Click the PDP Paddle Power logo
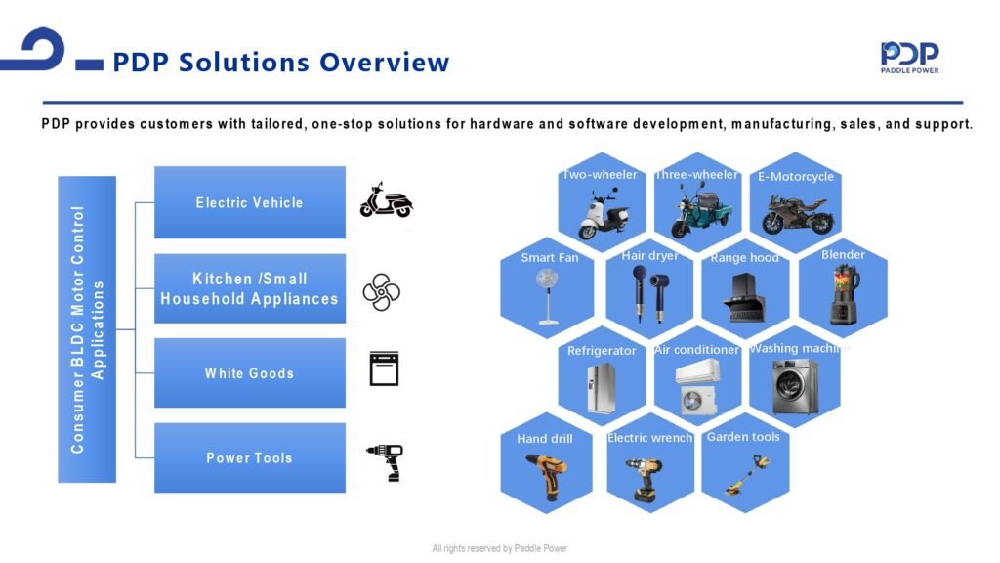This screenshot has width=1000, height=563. coord(909,58)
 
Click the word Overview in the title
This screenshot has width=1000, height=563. coord(385,63)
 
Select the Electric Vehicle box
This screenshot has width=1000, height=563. coord(250,202)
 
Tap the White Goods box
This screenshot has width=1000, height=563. coord(250,372)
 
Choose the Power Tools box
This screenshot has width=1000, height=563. coord(250,457)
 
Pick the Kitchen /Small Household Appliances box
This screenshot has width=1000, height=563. coord(250,288)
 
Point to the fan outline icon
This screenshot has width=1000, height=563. coord(382,292)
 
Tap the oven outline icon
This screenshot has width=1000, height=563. coord(384,368)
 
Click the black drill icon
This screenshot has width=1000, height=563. coord(386,462)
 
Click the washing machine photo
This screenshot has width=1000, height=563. coord(795,385)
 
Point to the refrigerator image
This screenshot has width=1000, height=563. coord(602,388)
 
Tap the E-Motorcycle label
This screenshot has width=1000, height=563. coord(795,176)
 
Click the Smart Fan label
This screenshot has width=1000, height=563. coord(549,257)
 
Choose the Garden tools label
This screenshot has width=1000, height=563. coord(743,437)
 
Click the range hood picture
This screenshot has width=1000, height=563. coord(743,297)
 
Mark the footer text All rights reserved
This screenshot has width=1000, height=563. coord(499,548)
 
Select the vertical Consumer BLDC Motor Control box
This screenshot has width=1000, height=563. coord(87,329)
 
